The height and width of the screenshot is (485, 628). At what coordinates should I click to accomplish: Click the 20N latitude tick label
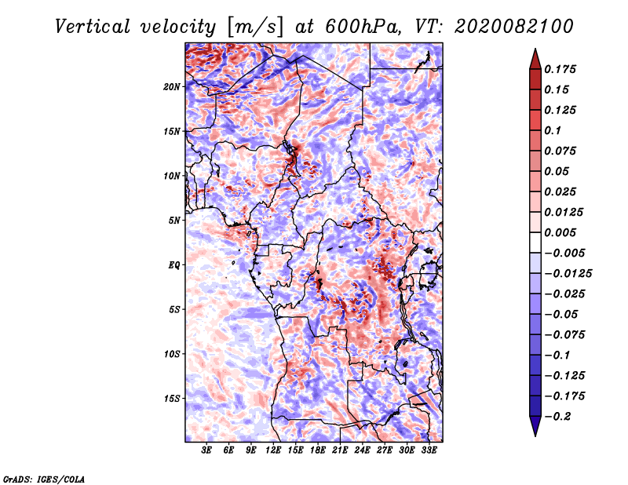click(x=171, y=87)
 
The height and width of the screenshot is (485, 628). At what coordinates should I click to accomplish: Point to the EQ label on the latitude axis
click(x=174, y=265)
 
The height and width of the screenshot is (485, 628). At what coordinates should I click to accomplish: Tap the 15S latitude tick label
click(x=171, y=399)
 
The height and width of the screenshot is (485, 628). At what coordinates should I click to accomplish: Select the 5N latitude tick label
click(x=174, y=221)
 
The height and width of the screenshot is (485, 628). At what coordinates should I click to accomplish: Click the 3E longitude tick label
click(x=206, y=450)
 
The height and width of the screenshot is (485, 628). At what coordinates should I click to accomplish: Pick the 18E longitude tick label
click(x=318, y=450)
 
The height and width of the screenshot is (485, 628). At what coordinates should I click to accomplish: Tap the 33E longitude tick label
click(x=429, y=450)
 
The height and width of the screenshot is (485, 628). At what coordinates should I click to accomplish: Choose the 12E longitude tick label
click(x=273, y=450)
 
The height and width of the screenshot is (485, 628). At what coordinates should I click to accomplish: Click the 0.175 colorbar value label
click(x=560, y=69)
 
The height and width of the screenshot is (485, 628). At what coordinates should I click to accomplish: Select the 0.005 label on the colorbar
click(x=560, y=232)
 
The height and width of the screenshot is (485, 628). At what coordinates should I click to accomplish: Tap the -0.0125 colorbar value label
click(x=568, y=274)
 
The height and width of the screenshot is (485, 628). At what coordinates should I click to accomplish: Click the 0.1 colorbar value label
click(x=553, y=130)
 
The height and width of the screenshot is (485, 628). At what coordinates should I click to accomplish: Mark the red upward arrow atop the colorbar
click(x=535, y=60)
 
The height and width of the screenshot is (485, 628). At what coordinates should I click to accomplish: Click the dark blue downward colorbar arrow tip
click(x=535, y=436)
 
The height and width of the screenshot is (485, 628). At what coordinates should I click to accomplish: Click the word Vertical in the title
click(x=92, y=27)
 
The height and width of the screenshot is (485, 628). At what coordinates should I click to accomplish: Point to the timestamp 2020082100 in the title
click(x=514, y=27)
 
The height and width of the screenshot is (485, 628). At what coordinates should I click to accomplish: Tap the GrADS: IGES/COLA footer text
click(x=44, y=480)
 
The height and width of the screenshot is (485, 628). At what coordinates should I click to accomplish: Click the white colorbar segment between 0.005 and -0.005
click(x=535, y=242)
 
